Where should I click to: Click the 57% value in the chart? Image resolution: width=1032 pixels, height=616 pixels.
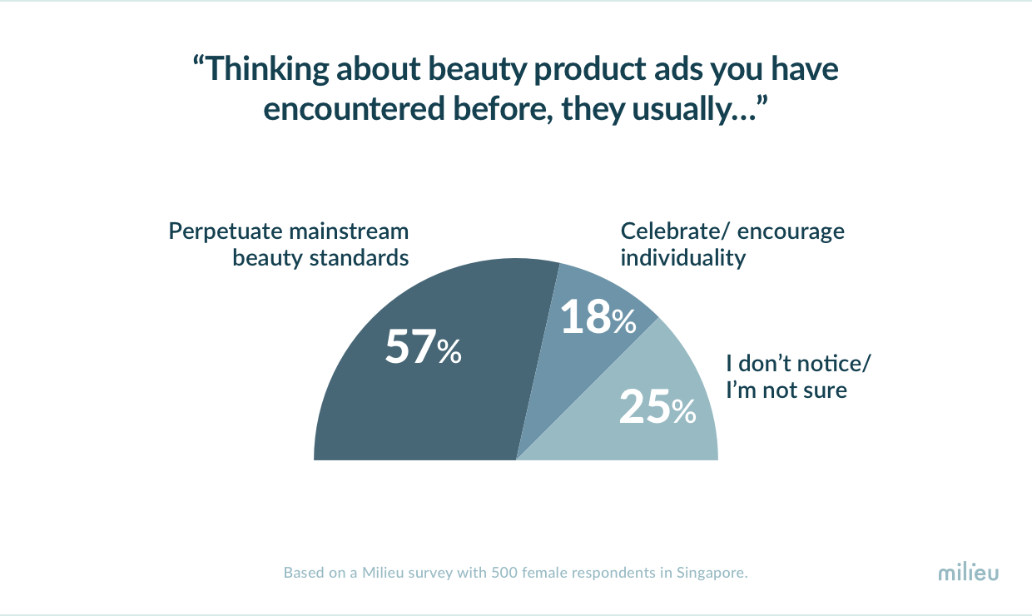(x=423, y=346)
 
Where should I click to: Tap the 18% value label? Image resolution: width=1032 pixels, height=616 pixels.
(x=598, y=316)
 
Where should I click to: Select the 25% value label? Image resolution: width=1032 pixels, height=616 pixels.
(x=657, y=406)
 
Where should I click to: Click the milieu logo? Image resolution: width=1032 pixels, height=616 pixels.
(x=969, y=572)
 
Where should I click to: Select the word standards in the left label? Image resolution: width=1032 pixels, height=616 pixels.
(x=359, y=257)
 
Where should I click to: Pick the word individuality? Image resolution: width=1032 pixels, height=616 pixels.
(x=682, y=258)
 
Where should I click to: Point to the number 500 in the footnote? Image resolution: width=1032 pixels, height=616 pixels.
(x=504, y=573)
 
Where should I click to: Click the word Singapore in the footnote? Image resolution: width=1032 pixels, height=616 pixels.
(x=712, y=573)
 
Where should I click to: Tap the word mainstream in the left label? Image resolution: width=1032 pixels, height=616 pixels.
(x=349, y=231)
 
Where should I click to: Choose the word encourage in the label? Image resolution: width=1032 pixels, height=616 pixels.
(x=791, y=231)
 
